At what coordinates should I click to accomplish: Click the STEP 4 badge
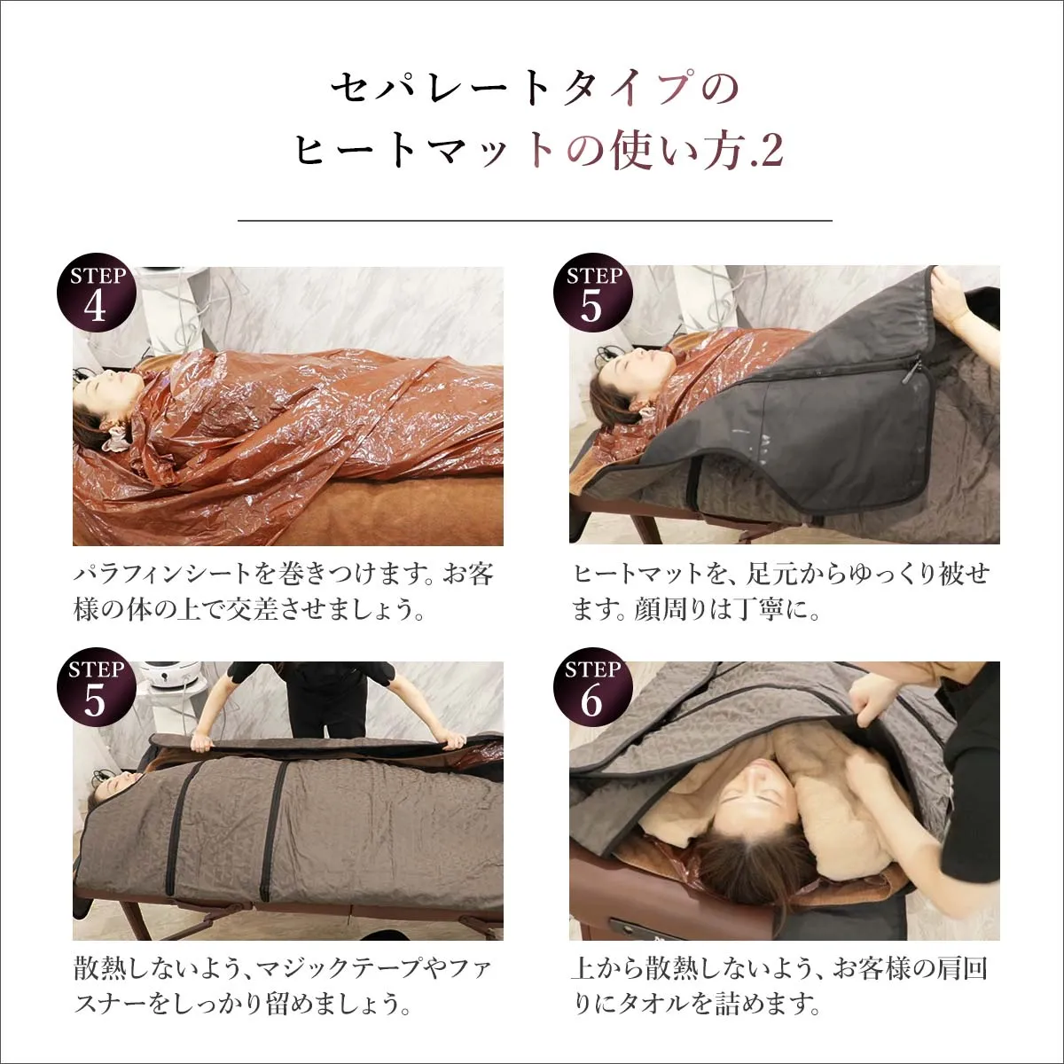[x=97, y=293]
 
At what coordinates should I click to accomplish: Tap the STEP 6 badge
[x=592, y=688]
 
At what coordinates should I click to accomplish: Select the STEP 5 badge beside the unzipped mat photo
[x=592, y=293]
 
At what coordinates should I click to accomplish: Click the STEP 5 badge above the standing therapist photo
[x=97, y=688]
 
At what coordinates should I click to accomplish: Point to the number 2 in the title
[x=771, y=151]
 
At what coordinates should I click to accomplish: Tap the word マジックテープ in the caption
[x=346, y=967]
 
